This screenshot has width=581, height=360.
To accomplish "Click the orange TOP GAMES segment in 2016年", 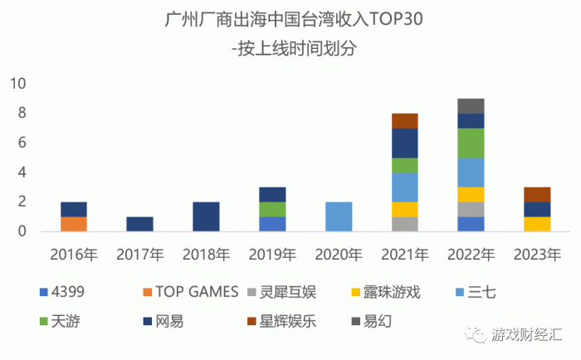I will (74, 224).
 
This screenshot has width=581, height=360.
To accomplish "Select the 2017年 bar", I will (140, 224).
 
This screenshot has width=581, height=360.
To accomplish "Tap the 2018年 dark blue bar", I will (206, 216).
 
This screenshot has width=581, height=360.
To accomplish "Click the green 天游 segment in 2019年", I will (272, 209).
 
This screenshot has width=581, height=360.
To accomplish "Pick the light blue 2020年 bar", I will (338, 216).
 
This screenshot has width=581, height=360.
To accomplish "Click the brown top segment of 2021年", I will (404, 120).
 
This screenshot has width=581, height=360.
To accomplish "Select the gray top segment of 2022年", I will (471, 105).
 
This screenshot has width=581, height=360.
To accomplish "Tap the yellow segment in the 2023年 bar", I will (536, 224).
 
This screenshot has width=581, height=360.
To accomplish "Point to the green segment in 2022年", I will (471, 143).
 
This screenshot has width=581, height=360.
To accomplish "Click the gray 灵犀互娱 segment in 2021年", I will (404, 224).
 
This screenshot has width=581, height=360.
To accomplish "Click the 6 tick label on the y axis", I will (22, 143).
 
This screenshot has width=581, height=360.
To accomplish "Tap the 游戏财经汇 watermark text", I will (528, 335).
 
